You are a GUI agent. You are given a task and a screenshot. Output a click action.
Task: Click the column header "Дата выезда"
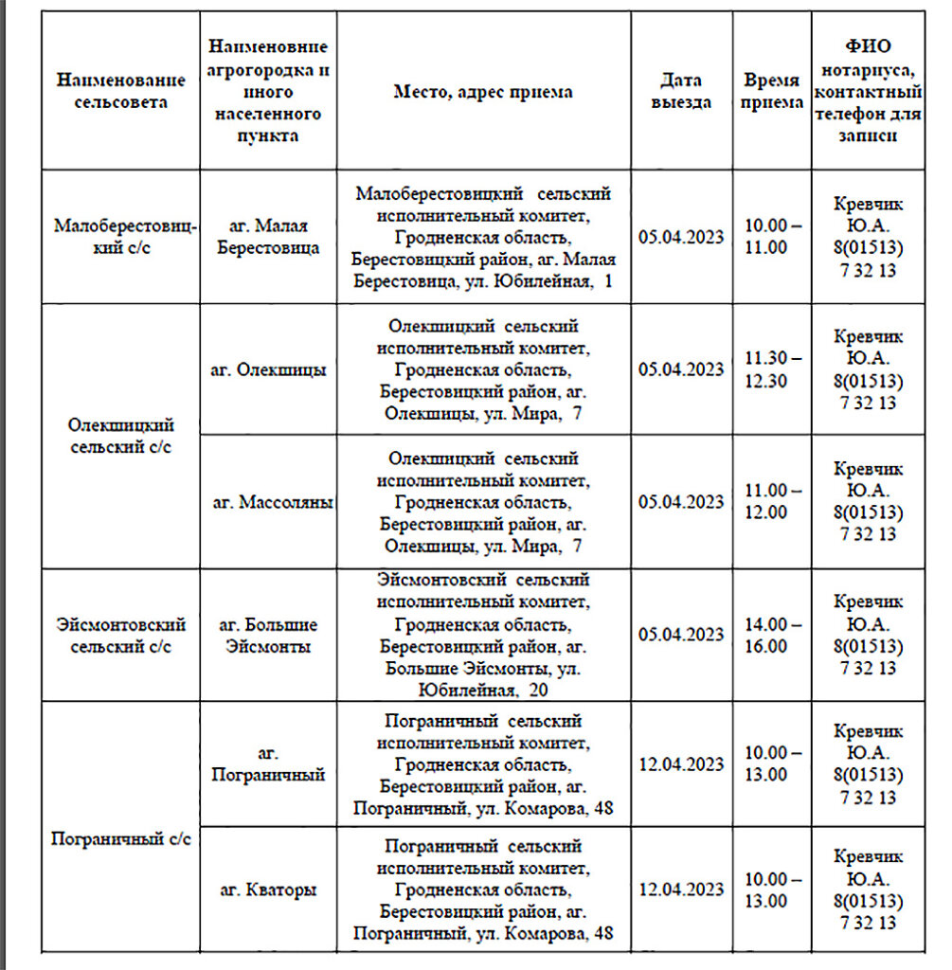coord(681,91)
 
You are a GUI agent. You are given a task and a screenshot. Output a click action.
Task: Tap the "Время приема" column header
coord(772,91)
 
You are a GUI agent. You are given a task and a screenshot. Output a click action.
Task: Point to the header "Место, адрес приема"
coord(483,92)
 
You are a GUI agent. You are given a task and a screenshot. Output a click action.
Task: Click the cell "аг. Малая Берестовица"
coord(268,237)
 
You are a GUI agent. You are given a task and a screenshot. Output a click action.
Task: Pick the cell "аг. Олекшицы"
coord(268,369)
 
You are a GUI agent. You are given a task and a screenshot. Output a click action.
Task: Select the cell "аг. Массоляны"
coord(271,502)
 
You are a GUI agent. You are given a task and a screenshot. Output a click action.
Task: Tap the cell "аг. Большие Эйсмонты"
coord(268,636)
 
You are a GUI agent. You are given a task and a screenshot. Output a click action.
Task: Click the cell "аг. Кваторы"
coord(268,889)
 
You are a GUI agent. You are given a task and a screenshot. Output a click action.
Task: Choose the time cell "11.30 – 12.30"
coord(772,369)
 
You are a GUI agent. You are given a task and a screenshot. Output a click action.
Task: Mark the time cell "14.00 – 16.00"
coord(772,636)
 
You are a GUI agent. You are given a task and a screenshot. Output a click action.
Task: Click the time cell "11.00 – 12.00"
coord(772,502)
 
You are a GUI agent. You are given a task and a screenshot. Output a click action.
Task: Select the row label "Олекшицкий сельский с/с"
coord(120,436)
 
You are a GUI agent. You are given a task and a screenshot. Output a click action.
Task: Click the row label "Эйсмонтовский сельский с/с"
coord(120,636)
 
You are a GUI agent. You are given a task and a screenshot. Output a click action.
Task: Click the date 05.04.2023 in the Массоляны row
coord(681,502)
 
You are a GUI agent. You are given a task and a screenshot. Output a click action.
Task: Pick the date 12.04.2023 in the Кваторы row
coord(681,889)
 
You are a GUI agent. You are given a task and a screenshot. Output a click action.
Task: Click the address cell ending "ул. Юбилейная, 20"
coord(483,636)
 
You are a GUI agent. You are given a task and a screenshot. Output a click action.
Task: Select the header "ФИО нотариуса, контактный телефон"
coord(868,91)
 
